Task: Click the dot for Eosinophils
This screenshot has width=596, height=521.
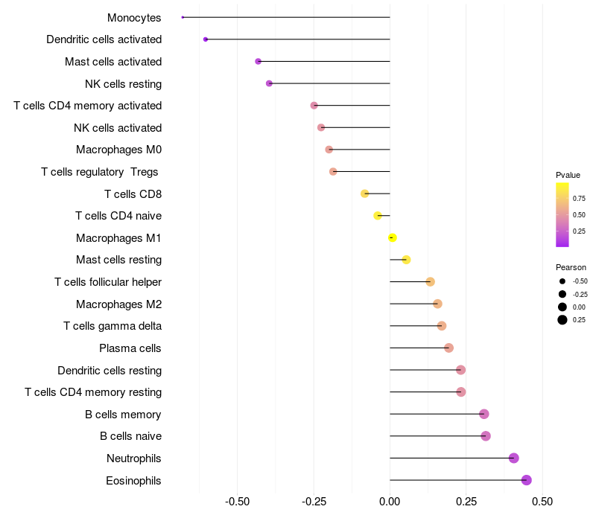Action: (x=527, y=480)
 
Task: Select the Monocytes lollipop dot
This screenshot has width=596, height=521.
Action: (x=183, y=17)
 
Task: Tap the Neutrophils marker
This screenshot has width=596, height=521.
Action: (x=514, y=458)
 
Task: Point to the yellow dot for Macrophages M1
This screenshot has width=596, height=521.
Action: (x=393, y=237)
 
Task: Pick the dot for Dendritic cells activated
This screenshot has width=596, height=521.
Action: (x=206, y=39)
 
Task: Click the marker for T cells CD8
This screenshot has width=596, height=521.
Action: (x=365, y=194)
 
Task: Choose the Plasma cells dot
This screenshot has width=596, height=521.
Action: (x=448, y=348)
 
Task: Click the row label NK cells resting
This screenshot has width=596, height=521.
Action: (x=123, y=83)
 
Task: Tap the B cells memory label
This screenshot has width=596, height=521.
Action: (x=123, y=415)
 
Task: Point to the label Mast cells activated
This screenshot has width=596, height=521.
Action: (x=113, y=61)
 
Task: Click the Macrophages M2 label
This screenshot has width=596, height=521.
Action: (x=118, y=304)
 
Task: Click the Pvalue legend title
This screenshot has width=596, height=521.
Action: (x=568, y=175)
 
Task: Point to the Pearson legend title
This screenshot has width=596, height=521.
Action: (x=571, y=267)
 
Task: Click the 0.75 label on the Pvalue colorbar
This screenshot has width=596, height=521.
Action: (x=579, y=198)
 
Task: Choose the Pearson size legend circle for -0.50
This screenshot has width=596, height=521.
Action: (x=562, y=281)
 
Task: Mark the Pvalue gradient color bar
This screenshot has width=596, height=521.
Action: (x=562, y=214)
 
